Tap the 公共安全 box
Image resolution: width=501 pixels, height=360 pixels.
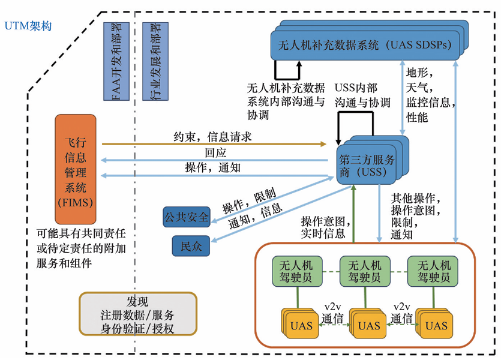(187, 217)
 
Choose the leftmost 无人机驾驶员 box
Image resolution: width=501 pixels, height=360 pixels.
(296, 271)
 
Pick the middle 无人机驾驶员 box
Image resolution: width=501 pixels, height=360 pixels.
(364, 271)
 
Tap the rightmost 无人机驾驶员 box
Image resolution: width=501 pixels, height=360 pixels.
(432, 271)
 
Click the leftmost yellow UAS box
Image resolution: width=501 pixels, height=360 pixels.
(301, 326)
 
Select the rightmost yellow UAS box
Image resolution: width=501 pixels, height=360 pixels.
(436, 326)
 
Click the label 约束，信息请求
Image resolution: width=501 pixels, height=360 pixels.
(212, 137)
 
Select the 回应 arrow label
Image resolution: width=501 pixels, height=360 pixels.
(215, 153)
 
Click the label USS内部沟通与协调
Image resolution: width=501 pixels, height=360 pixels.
(362, 95)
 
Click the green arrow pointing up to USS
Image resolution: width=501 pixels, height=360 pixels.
(354, 213)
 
